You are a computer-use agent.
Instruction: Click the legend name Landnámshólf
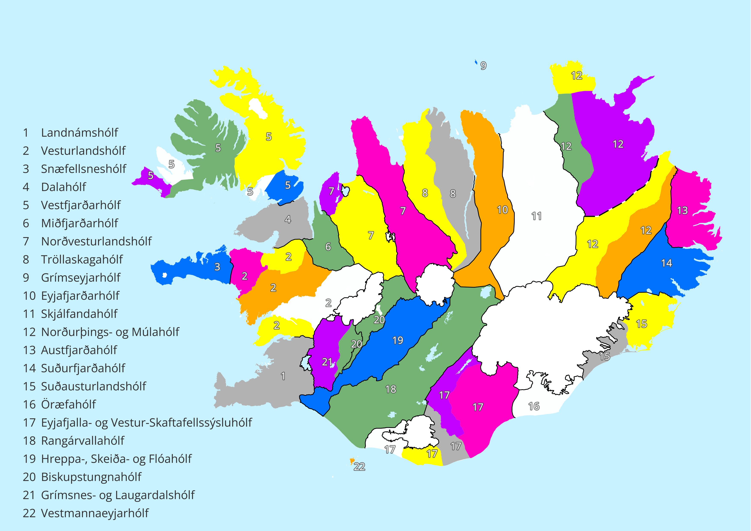pyautogui.click(x=79, y=133)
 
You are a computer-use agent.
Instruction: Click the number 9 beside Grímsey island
pyautogui.click(x=483, y=66)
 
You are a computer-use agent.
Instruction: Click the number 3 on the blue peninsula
pyautogui.click(x=217, y=267)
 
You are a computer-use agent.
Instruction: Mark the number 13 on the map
pyautogui.click(x=682, y=210)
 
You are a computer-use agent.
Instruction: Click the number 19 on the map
pyautogui.click(x=398, y=340)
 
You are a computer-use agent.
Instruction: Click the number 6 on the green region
pyautogui.click(x=328, y=247)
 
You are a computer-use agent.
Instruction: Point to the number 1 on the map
pyautogui.click(x=283, y=376)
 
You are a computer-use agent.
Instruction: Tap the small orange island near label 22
pyautogui.click(x=352, y=461)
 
